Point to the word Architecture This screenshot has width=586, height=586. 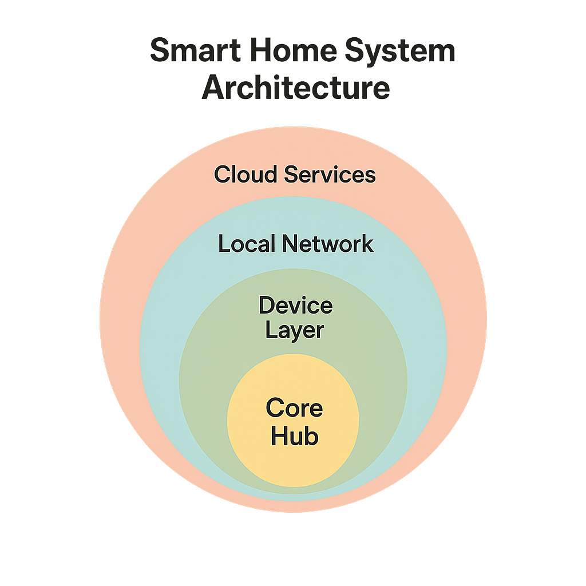(296, 89)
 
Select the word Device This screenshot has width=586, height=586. (295, 305)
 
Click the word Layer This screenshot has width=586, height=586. (295, 331)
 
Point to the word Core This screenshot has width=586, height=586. (294, 409)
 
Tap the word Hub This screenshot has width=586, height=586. (294, 437)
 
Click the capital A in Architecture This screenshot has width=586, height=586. (212, 89)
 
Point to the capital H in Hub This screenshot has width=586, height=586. (279, 437)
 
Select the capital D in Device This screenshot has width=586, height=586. (266, 305)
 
